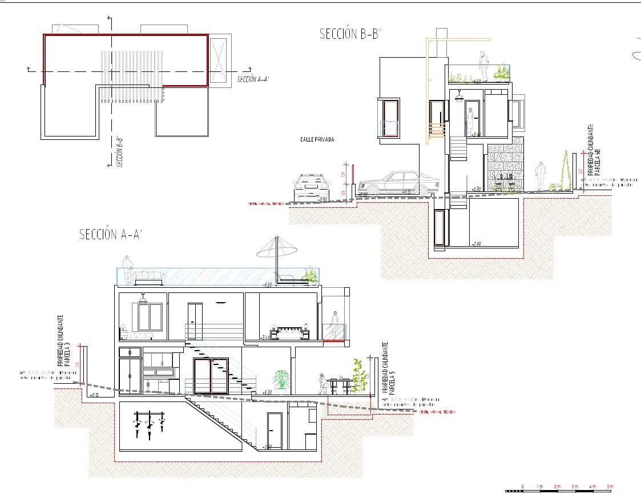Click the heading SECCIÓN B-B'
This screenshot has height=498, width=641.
349,35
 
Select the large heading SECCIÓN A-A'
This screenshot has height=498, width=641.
110,234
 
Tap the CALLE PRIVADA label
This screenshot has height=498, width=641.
317,139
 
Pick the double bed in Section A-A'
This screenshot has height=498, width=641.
289,332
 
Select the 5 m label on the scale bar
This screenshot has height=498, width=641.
610,486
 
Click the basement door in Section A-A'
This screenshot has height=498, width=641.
275,430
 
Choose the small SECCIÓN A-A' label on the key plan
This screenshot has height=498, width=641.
253,79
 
